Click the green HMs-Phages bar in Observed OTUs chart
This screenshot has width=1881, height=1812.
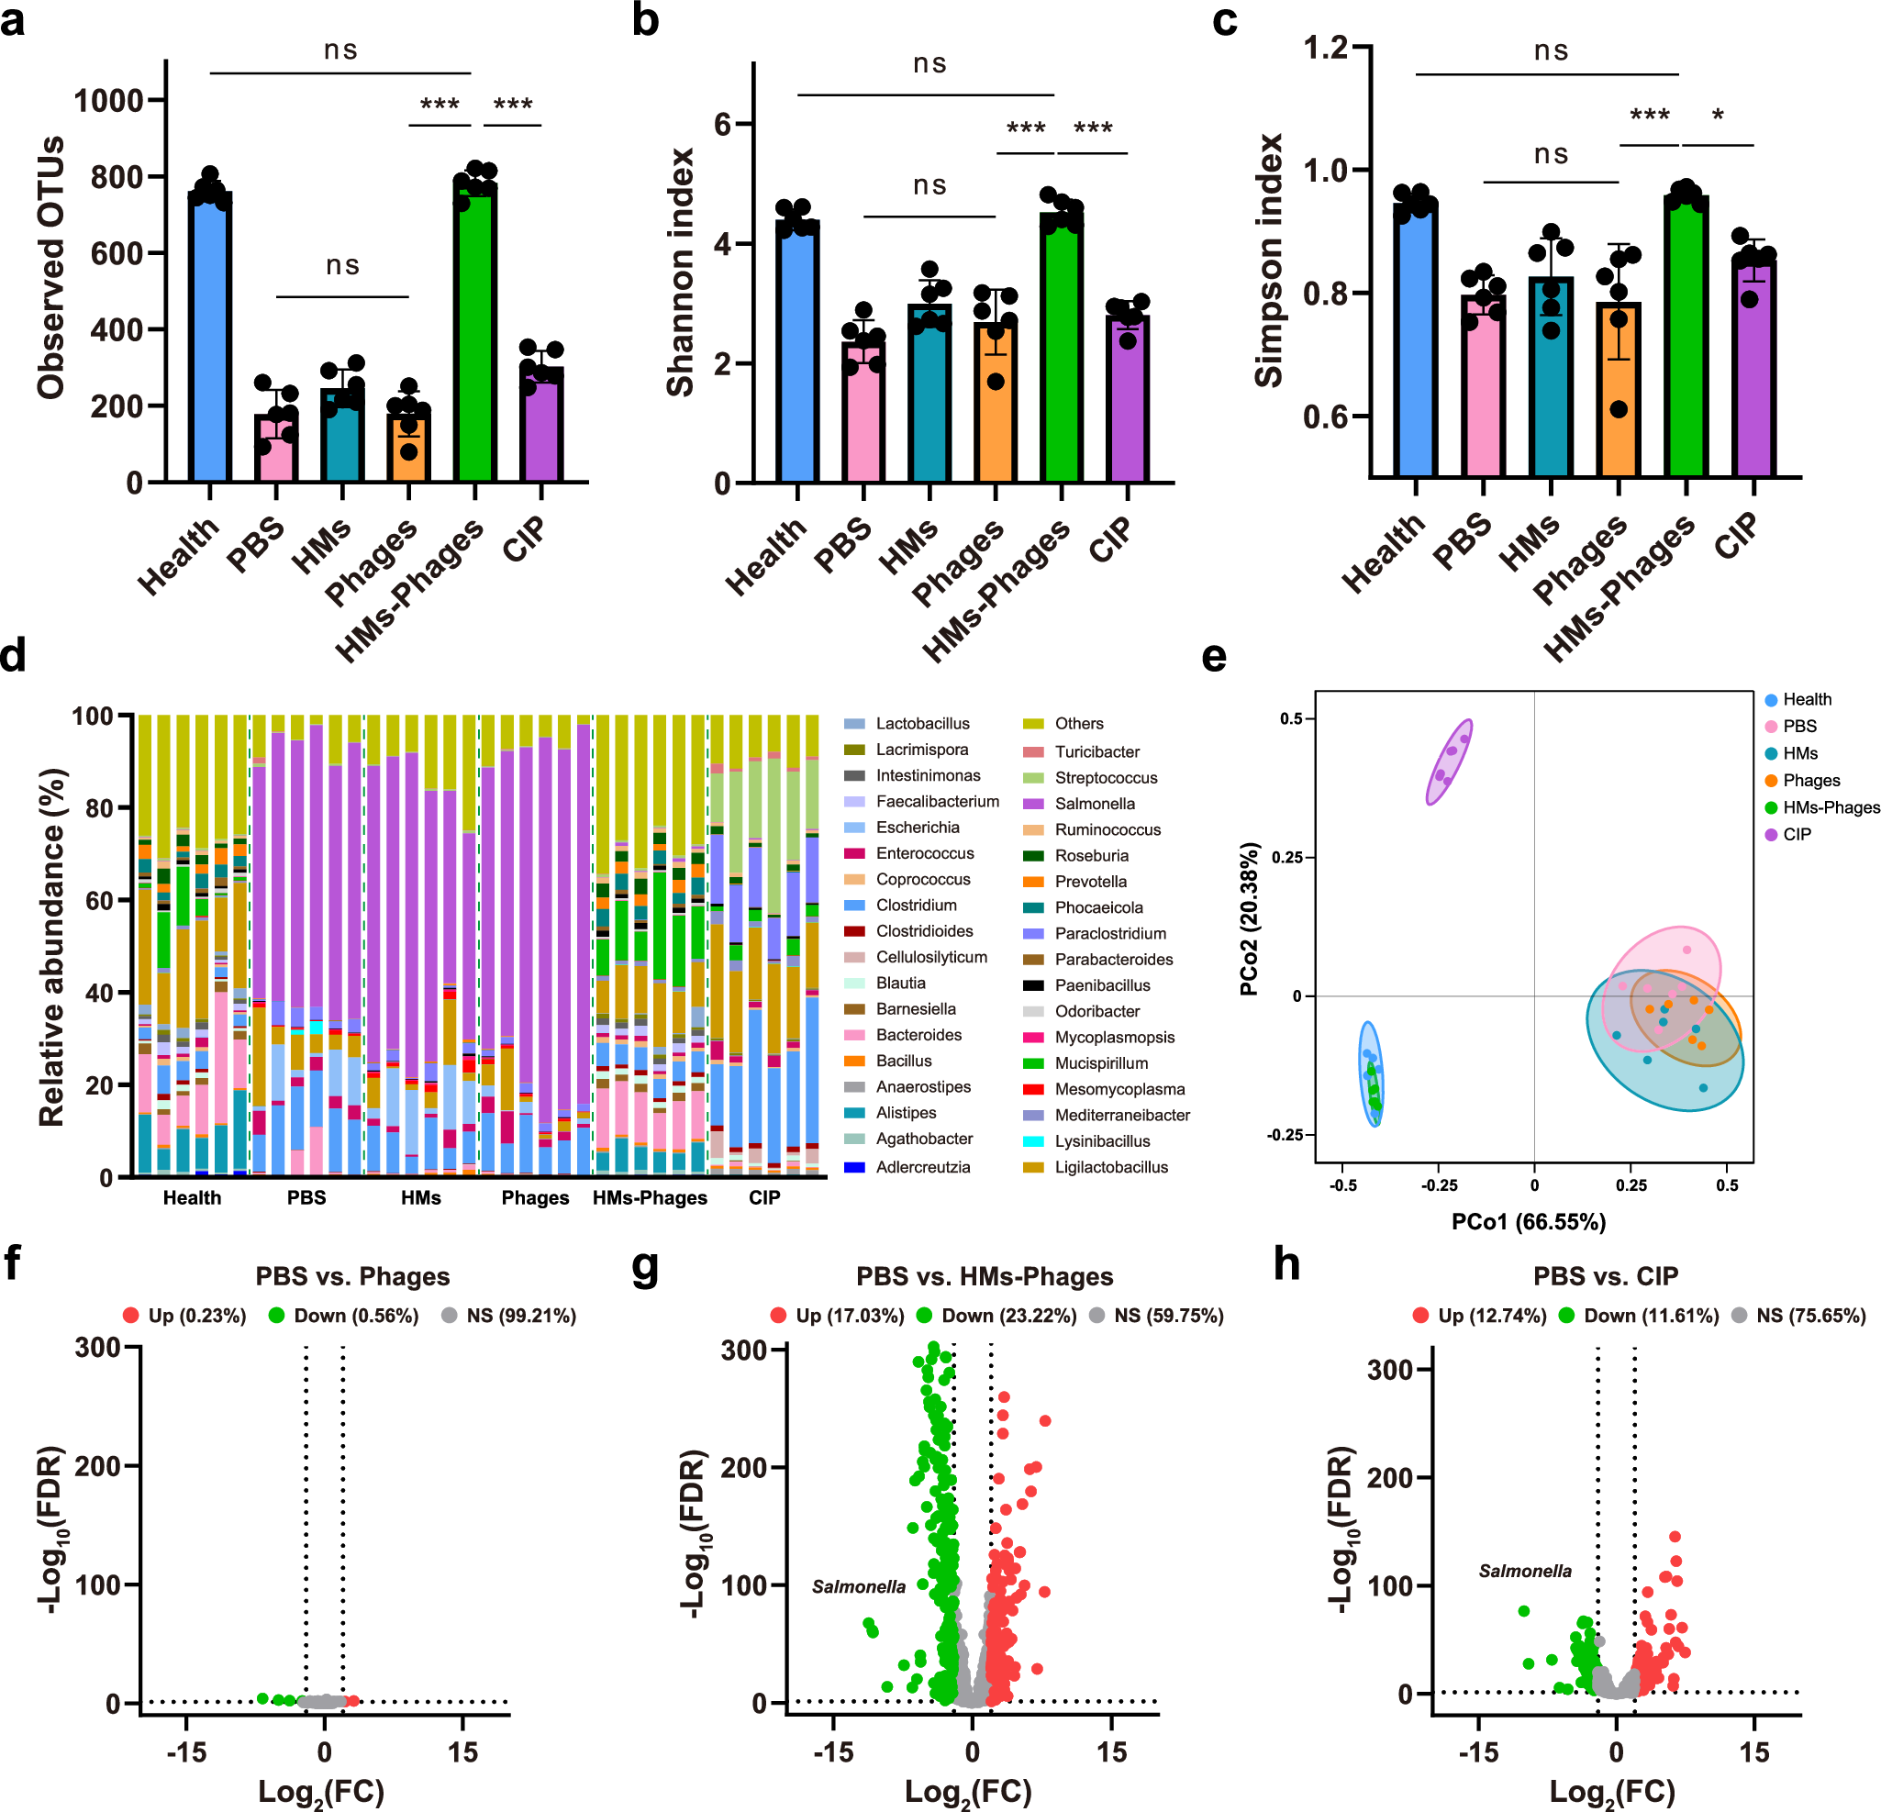(x=474, y=336)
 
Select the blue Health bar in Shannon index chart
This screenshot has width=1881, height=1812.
(x=797, y=355)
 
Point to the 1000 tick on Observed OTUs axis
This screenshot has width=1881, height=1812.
(x=108, y=101)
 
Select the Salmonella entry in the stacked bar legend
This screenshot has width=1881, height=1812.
(x=1094, y=804)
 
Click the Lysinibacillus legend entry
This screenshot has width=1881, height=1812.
(x=1102, y=1141)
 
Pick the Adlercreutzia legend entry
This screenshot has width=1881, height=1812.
(x=922, y=1167)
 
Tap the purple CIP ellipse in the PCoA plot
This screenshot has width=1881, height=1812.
(x=1449, y=762)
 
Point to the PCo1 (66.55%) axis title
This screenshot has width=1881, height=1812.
(x=1528, y=1222)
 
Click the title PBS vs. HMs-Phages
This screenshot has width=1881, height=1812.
(x=985, y=1276)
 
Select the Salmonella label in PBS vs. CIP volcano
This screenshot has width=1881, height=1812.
(x=1525, y=1571)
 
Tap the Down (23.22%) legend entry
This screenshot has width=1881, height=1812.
(x=1007, y=1316)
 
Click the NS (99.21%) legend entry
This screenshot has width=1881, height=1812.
(x=520, y=1316)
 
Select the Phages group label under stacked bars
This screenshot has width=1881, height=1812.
(x=535, y=1198)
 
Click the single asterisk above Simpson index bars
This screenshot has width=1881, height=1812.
(x=1718, y=117)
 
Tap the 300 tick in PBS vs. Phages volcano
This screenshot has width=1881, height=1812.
(x=98, y=1348)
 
